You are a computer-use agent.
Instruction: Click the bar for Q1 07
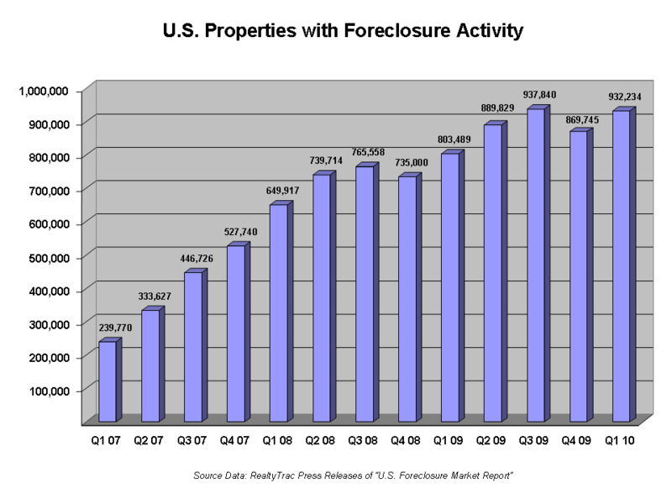[x=108, y=381]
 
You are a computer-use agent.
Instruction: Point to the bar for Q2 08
[x=322, y=298]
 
